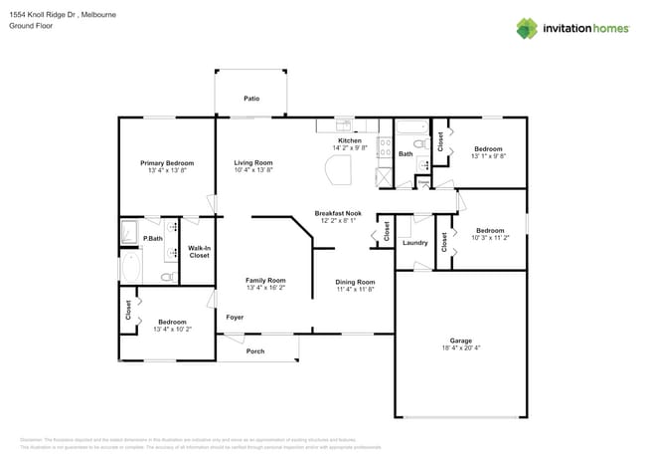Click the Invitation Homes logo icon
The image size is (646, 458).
(x=528, y=28)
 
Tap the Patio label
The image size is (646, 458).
(x=252, y=99)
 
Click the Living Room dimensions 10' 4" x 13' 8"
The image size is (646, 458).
(x=252, y=170)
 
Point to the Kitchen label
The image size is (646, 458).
(x=350, y=140)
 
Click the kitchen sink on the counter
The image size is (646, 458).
(x=343, y=125)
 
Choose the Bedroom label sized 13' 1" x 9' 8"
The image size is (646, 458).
(x=488, y=148)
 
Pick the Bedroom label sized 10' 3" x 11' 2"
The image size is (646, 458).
(x=488, y=230)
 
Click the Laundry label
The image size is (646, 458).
(x=414, y=243)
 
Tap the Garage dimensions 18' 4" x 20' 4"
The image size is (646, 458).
(x=461, y=348)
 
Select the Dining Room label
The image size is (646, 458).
(x=355, y=282)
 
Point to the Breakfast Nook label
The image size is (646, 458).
(x=338, y=213)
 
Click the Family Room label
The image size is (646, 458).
(x=265, y=280)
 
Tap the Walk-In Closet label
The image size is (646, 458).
(x=199, y=252)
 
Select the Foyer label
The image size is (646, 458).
(x=235, y=317)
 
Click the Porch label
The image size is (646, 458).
(x=255, y=349)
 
